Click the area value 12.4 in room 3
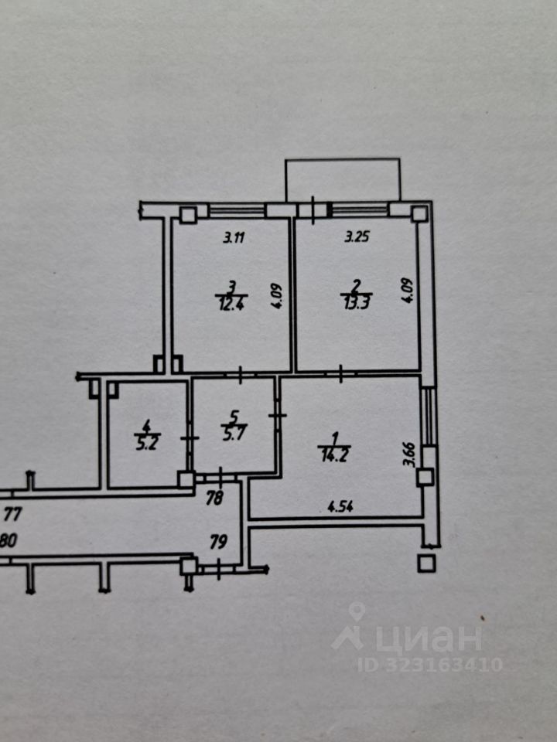(x=227, y=302)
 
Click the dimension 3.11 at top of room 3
(x=234, y=238)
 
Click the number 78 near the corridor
(x=216, y=499)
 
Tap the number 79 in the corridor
(x=218, y=543)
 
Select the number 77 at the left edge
(x=12, y=512)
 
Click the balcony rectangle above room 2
(x=343, y=179)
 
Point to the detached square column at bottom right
(x=425, y=563)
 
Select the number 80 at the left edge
(x=8, y=542)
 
